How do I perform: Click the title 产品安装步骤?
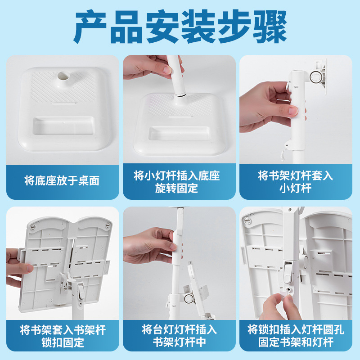(180, 27)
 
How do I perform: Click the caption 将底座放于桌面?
(62, 180)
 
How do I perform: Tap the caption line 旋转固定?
(176, 188)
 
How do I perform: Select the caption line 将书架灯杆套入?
(295, 176)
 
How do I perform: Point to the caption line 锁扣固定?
(63, 342)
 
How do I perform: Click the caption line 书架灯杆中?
(179, 342)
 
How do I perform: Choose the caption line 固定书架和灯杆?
(296, 342)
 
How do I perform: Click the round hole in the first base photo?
(63, 76)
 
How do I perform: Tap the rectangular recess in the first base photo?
(63, 126)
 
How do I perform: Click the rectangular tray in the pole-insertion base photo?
(179, 133)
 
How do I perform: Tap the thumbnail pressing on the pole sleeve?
(293, 111)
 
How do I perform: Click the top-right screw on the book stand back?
(108, 225)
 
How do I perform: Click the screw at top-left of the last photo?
(247, 220)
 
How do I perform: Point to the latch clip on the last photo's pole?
(288, 273)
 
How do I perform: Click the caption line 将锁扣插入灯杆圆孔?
(296, 330)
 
